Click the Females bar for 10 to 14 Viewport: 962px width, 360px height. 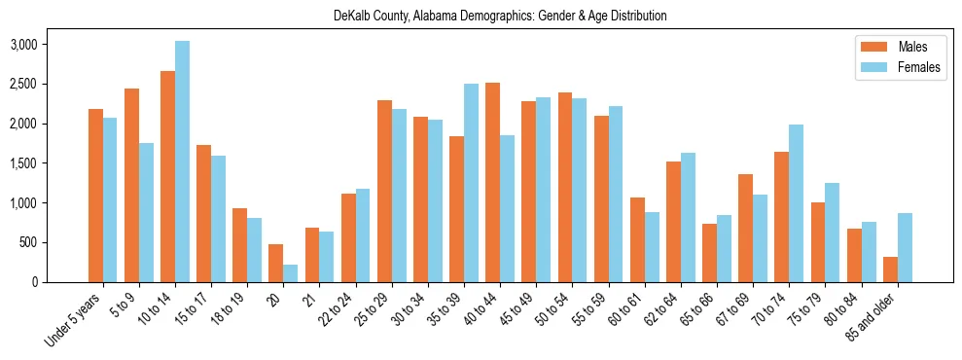pos(183,162)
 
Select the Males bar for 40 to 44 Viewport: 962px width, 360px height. pos(493,183)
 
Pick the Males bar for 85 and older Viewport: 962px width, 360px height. pos(891,270)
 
